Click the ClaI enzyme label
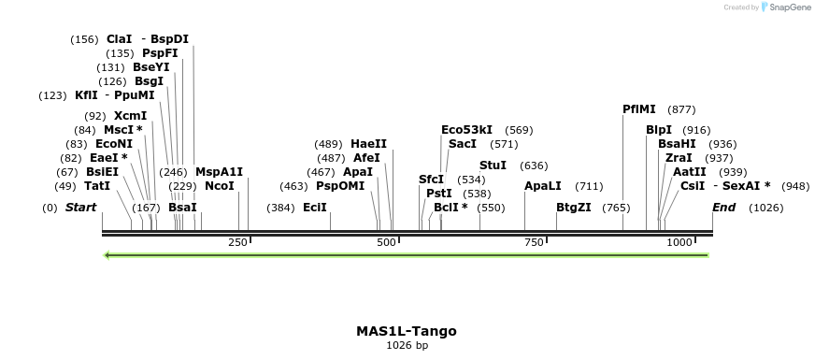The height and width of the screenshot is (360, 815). (119, 39)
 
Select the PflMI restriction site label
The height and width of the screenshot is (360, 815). (639, 109)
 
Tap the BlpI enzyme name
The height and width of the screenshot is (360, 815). (658, 130)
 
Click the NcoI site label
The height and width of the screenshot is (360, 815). (219, 186)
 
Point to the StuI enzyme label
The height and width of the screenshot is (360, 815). (493, 166)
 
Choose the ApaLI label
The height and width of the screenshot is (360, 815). (542, 186)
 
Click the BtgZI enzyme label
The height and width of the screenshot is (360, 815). (573, 207)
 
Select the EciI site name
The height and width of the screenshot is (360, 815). (315, 207)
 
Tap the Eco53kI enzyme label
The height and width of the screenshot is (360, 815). (466, 130)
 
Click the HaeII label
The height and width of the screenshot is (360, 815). (368, 144)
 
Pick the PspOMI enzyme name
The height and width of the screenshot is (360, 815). (340, 186)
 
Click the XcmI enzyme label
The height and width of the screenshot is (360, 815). (130, 116)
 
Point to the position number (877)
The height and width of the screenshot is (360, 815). (681, 109)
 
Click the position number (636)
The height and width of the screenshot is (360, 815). (534, 166)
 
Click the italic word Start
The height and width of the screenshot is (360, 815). (80, 207)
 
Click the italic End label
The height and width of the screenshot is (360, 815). (723, 207)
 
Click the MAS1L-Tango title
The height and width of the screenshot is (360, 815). (407, 331)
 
